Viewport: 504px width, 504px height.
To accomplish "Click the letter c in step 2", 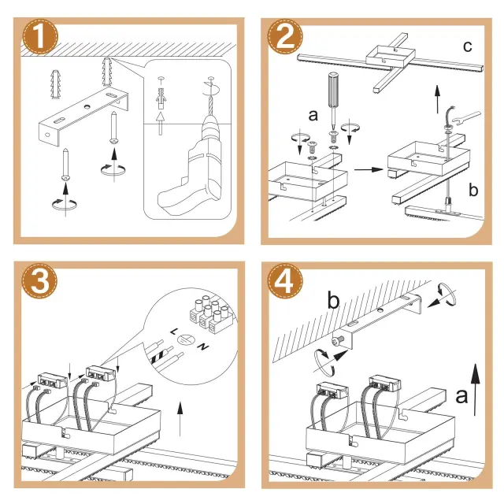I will coord(468,46).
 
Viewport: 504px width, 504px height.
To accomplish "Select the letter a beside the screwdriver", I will coord(313,115).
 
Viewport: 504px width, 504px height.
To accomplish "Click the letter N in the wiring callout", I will coord(202,347).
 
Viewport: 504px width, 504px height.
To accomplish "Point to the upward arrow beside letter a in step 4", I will coord(478,389).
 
